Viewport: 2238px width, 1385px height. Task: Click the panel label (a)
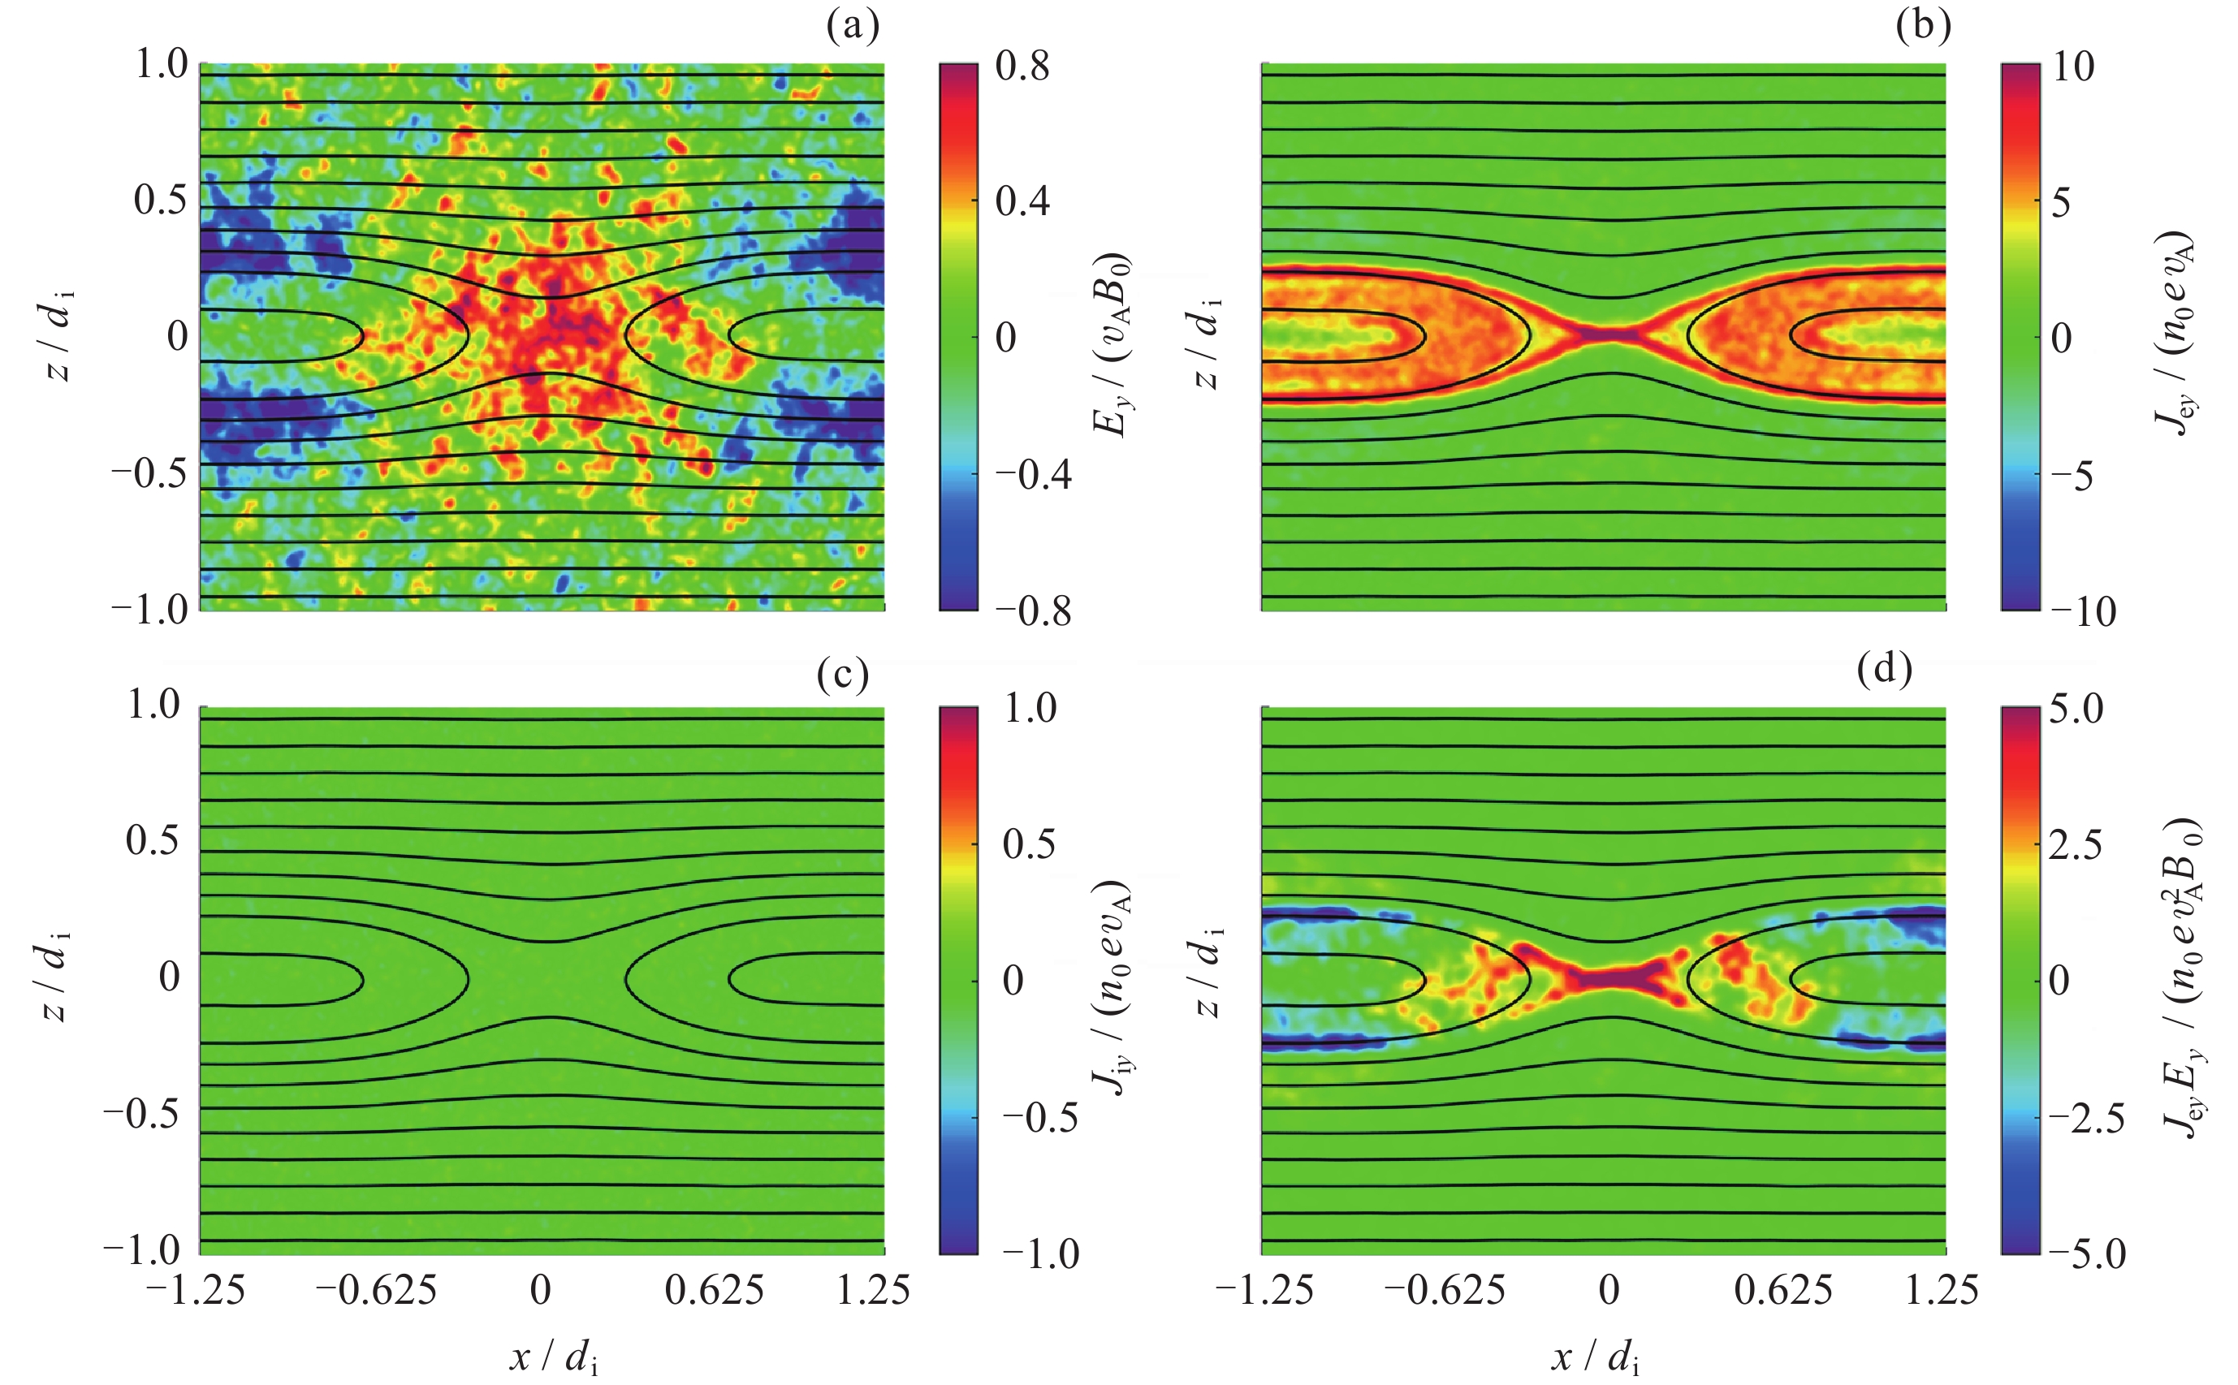852,28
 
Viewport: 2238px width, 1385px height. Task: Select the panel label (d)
1885,671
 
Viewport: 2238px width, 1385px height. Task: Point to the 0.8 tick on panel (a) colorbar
1022,67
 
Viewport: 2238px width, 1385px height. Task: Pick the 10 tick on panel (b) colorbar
2073,67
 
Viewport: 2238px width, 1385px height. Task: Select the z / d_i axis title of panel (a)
60,335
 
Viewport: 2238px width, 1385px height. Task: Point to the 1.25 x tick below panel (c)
873,1290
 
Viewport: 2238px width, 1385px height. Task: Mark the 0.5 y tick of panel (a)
162,201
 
